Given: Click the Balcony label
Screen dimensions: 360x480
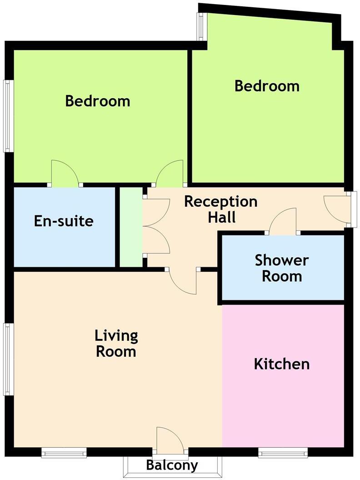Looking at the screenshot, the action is point(172,465).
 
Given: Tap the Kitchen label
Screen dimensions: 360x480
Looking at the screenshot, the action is point(282,364).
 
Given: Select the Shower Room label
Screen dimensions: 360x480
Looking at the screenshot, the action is point(282,268).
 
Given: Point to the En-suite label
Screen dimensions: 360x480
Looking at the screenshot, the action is point(64,221).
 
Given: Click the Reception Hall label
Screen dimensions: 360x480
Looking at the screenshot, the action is point(221,210).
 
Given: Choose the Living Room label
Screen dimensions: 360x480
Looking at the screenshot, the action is point(116,344).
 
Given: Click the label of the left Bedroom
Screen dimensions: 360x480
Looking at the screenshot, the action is point(98,101).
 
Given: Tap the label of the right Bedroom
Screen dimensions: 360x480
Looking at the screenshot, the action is point(267,86).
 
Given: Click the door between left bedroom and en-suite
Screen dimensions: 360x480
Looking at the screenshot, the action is point(65,173).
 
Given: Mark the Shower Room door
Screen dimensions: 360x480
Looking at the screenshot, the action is point(283,221).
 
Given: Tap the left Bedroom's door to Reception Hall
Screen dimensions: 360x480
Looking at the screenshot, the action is point(170,173).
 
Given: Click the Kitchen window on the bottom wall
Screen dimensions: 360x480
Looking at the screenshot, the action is point(283,452).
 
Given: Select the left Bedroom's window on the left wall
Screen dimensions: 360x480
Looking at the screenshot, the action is point(8,116).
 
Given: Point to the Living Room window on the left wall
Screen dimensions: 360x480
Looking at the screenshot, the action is point(8,359).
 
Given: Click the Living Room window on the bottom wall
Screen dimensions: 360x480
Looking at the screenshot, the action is point(64,452).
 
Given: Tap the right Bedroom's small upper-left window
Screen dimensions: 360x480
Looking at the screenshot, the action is point(201,26).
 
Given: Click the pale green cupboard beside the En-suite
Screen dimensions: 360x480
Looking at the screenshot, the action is point(131,227).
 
